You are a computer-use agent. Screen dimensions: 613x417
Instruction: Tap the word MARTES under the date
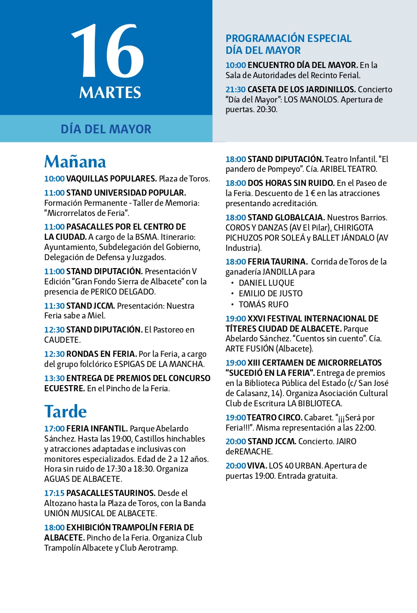click(x=110, y=93)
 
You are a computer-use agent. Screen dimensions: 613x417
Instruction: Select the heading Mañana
click(x=75, y=162)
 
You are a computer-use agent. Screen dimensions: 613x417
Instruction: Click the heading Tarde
click(x=65, y=411)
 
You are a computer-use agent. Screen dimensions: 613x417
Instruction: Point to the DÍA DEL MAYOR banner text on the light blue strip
click(x=106, y=129)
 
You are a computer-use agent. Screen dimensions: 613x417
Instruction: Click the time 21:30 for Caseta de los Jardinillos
click(x=236, y=90)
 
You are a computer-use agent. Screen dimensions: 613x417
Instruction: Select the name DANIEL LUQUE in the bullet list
click(x=266, y=283)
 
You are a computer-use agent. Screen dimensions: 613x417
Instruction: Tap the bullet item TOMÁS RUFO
click(x=263, y=304)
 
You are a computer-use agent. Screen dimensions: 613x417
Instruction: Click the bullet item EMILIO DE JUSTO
click(x=270, y=293)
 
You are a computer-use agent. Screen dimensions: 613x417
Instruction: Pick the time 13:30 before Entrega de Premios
click(x=54, y=378)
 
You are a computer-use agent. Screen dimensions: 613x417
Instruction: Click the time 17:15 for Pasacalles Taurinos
click(x=54, y=493)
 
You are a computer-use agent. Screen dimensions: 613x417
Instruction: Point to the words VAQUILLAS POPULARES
click(x=111, y=178)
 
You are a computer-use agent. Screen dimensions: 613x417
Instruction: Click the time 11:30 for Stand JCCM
click(x=54, y=306)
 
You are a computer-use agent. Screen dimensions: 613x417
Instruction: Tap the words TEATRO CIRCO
click(x=274, y=417)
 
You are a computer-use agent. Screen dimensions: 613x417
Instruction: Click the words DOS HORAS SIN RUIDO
click(x=291, y=183)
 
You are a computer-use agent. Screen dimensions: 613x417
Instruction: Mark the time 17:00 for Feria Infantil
click(x=54, y=428)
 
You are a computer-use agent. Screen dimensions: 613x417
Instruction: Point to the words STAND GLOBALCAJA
click(x=286, y=217)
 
